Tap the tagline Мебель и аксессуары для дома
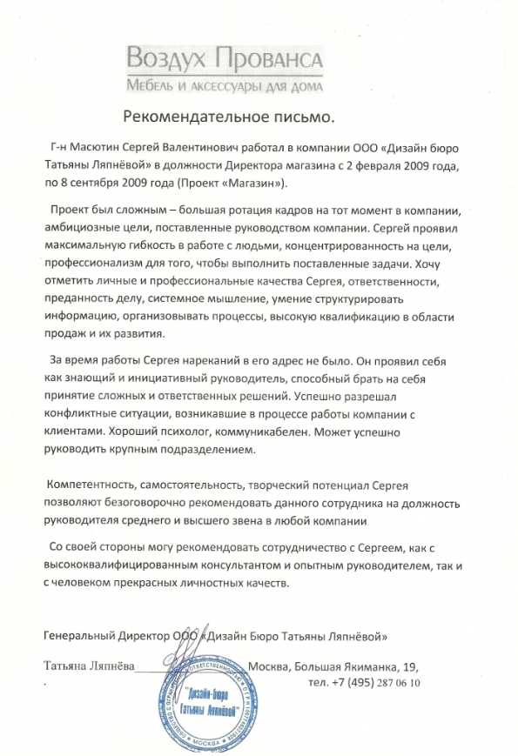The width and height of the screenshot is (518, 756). [225, 86]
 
